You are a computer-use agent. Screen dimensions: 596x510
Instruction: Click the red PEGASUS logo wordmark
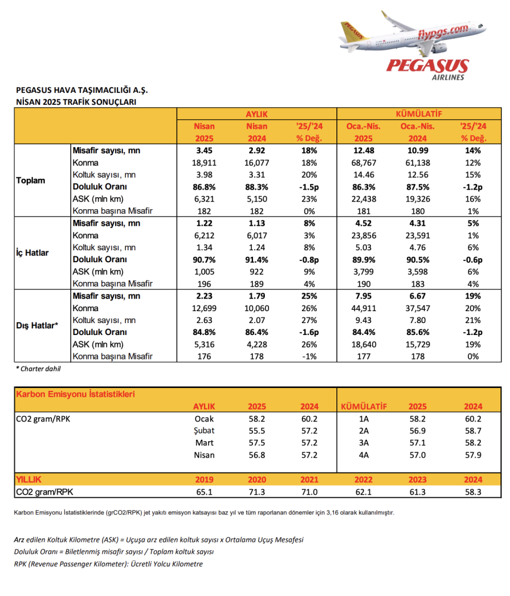426,65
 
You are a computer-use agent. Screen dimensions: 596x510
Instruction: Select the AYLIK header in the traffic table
257,113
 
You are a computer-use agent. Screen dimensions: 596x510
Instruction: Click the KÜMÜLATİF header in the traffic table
418,113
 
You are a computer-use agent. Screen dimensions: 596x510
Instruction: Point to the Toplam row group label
30,181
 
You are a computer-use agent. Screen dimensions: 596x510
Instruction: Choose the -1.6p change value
309,332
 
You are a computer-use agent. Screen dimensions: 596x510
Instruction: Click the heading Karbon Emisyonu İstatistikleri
75,395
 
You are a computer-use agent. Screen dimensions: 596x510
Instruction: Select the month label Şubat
203,430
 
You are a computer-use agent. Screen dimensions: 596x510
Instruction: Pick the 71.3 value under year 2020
257,492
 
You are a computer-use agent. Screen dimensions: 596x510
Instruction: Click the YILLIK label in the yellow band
29,479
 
